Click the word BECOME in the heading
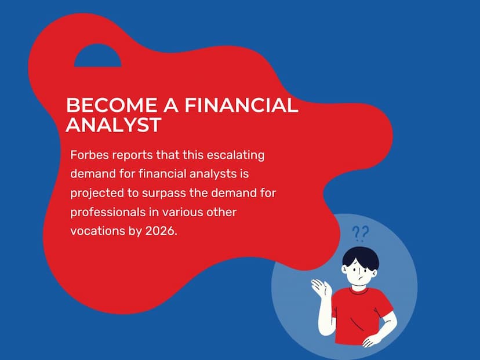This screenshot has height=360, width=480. [111, 105]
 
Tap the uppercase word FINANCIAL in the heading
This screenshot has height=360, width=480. [241, 105]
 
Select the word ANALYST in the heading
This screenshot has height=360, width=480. [113, 124]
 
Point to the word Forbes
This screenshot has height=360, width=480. [90, 155]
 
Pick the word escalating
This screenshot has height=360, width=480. [235, 155]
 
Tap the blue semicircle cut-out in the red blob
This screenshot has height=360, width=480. [97, 57]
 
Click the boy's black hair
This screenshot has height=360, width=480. [361, 257]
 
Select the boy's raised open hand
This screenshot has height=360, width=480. [321, 288]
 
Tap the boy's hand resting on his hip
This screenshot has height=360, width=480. [373, 340]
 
